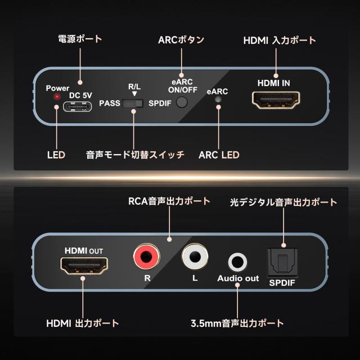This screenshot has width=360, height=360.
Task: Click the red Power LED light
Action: [x=57, y=97]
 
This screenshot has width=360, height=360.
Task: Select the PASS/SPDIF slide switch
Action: [x=134, y=103]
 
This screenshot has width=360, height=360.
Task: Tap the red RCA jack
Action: [x=145, y=256]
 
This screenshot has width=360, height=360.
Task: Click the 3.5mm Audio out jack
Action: [x=237, y=262]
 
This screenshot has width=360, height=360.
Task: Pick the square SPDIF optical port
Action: [x=285, y=260]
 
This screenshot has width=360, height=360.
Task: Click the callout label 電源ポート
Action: [x=80, y=39]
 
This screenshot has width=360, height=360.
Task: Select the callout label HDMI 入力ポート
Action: [x=280, y=40]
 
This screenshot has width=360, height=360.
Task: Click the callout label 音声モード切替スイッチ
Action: [x=134, y=155]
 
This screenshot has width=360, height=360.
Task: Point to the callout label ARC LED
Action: [x=219, y=155]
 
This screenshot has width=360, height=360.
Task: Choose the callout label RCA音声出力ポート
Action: [x=169, y=201]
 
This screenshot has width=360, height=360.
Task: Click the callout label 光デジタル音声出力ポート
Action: [x=283, y=202]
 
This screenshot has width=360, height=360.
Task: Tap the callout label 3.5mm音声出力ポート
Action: [x=237, y=323]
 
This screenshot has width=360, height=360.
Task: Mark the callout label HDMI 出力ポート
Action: [x=82, y=323]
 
